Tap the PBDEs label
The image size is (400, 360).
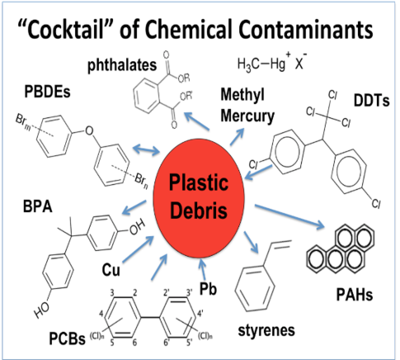(47, 92)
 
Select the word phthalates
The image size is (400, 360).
(122, 65)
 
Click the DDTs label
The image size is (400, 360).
(371, 101)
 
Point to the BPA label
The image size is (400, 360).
(38, 206)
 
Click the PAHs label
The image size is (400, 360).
(355, 295)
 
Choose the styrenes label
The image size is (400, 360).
(266, 330)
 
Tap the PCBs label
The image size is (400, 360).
(67, 339)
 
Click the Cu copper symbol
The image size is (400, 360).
(111, 269)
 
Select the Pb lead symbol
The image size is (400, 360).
(208, 289)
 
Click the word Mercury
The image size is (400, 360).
(247, 116)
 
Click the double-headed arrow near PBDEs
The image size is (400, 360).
(146, 149)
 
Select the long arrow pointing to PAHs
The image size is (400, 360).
(289, 216)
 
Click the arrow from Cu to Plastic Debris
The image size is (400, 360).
(138, 249)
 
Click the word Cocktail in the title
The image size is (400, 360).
(66, 30)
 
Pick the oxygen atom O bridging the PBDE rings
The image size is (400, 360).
(89, 130)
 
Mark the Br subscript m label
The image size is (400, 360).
(23, 121)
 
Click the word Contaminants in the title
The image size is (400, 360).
(305, 30)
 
